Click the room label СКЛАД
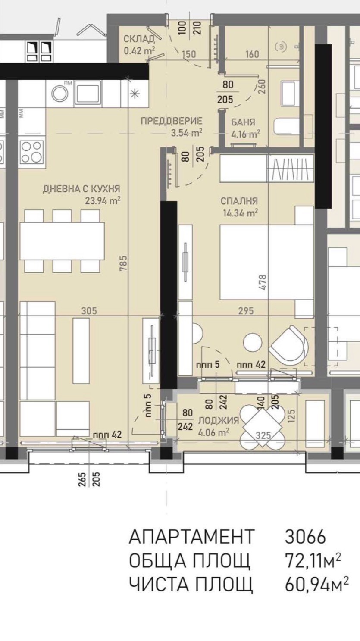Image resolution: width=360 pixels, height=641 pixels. [138, 40]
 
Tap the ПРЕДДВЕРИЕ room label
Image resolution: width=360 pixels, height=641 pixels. [171, 121]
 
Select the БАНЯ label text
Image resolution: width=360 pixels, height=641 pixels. [243, 122]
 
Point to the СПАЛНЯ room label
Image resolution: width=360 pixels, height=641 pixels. [239, 201]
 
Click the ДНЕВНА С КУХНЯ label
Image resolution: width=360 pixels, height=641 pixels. [81, 188]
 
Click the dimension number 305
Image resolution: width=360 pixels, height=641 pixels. [88, 310]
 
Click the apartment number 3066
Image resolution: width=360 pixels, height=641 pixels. [305, 537]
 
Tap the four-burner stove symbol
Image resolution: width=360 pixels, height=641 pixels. [31, 152]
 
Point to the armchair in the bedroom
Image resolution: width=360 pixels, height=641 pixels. [288, 345]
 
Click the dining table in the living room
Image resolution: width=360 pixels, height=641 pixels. [62, 241]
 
